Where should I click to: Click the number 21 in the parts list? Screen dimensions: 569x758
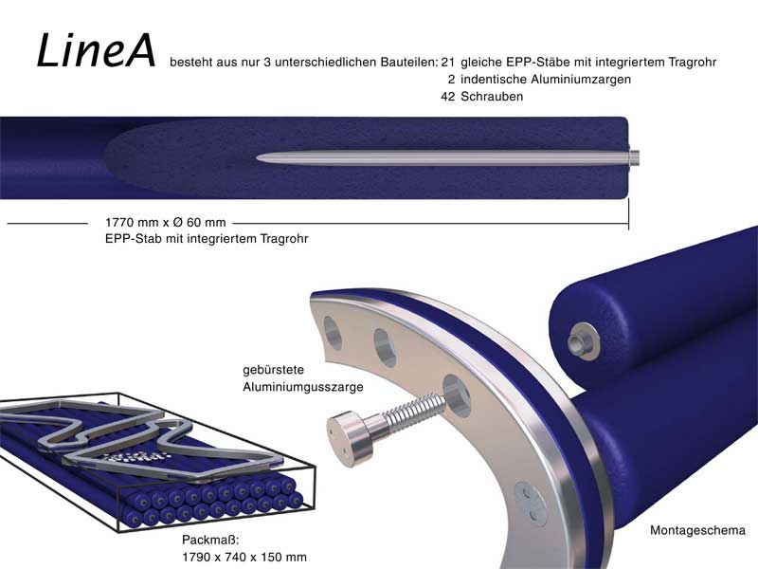[448, 63]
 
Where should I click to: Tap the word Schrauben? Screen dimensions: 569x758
[492, 97]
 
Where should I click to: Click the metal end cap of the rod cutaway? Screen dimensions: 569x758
[635, 157]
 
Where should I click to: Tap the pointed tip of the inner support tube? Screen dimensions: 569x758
[261, 157]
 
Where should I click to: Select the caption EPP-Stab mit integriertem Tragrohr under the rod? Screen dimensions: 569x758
[206, 239]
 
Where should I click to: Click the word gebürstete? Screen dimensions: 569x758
[272, 370]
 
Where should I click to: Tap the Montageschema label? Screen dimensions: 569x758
[697, 530]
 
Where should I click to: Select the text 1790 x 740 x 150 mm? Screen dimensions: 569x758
[244, 557]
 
